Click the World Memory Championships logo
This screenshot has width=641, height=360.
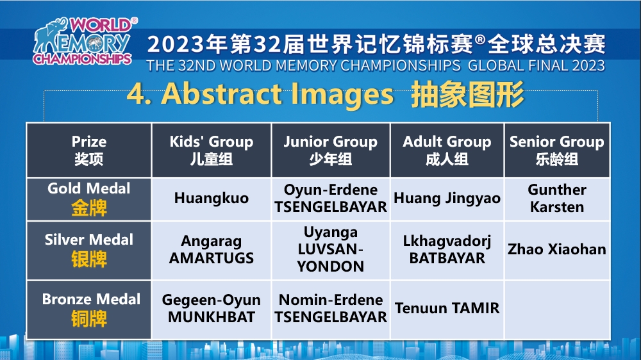(x=85, y=41)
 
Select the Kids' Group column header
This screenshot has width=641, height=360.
(x=212, y=150)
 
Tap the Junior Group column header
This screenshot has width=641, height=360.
(x=331, y=150)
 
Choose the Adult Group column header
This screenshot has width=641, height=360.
(x=447, y=150)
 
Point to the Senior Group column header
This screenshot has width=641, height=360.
(x=557, y=150)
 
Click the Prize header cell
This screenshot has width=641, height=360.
(x=89, y=150)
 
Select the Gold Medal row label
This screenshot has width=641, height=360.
(x=89, y=199)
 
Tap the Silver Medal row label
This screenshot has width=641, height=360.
(x=89, y=250)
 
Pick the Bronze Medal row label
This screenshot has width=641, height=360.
(x=89, y=309)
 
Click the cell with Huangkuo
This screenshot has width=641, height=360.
(x=212, y=199)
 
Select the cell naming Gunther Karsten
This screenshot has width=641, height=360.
(x=557, y=199)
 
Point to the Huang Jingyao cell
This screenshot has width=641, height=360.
(x=447, y=199)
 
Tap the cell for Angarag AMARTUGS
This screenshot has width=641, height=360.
(x=212, y=250)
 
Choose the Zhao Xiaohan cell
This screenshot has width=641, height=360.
(x=557, y=250)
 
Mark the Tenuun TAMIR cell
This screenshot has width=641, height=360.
(x=447, y=309)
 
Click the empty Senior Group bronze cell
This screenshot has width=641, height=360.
(x=557, y=309)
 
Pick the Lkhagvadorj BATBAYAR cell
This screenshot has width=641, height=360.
(x=447, y=250)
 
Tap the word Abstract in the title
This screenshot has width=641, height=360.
(x=223, y=94)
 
